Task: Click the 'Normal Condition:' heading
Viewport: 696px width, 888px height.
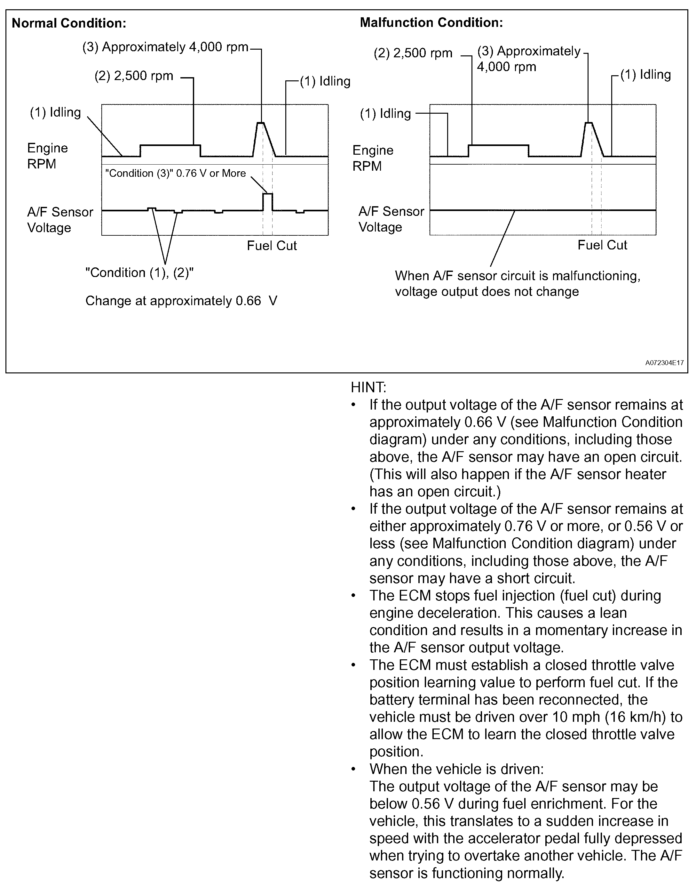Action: (x=69, y=23)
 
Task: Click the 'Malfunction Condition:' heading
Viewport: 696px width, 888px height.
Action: (x=431, y=22)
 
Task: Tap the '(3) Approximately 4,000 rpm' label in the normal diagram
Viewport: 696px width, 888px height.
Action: (x=165, y=47)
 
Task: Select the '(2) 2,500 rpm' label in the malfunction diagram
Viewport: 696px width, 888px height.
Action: (x=413, y=53)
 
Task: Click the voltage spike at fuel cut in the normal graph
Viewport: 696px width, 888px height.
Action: (x=268, y=195)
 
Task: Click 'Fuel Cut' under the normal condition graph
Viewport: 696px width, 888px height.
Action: (x=272, y=246)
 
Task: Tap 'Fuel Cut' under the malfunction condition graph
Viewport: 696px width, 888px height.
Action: (x=602, y=245)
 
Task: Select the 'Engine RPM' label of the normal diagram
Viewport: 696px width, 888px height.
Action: (x=47, y=156)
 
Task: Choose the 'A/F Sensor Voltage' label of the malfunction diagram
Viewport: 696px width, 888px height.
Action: (x=391, y=219)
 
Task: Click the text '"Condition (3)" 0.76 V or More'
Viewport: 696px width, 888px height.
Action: (x=175, y=173)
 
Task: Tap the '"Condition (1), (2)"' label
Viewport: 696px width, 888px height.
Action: (x=139, y=273)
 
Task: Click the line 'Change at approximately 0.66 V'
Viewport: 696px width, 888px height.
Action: (x=181, y=301)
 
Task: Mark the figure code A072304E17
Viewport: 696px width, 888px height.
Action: (x=664, y=363)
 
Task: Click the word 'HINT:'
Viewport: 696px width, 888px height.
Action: (x=368, y=387)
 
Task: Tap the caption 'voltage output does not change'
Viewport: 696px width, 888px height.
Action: (x=486, y=292)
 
